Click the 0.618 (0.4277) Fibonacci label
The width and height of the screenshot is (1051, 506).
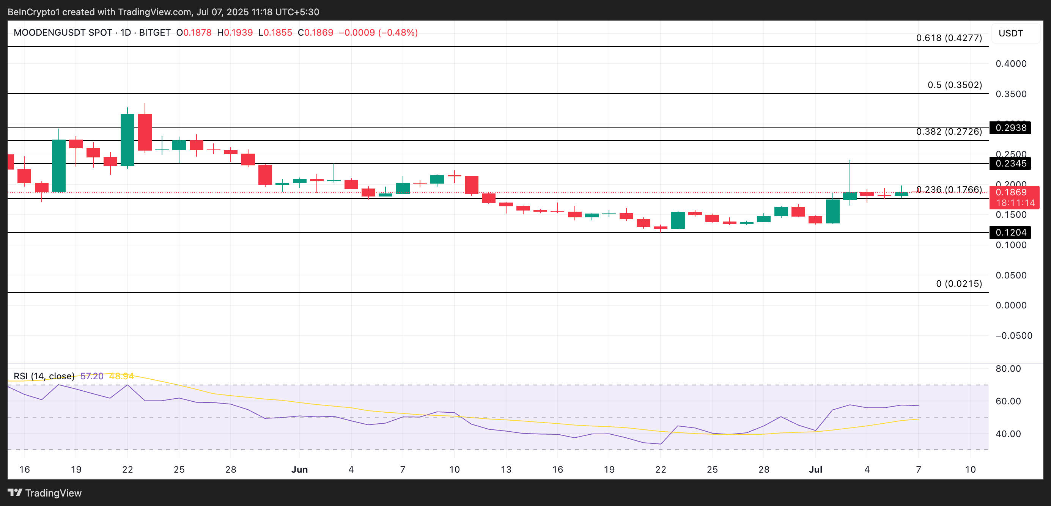point(949,38)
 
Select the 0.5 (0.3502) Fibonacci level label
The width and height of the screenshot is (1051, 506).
point(954,85)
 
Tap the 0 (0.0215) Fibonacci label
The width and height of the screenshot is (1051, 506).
point(959,283)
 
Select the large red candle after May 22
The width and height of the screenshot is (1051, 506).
point(145,132)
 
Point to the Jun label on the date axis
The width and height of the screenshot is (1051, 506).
point(299,469)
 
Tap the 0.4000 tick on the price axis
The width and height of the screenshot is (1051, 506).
point(1011,64)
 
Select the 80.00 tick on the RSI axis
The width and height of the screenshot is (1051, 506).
point(1008,369)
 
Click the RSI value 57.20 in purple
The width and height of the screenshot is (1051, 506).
point(92,376)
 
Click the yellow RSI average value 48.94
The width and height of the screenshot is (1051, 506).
point(121,376)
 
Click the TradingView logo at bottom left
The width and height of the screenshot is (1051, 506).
point(45,493)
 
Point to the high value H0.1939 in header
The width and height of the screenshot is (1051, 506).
point(235,33)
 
